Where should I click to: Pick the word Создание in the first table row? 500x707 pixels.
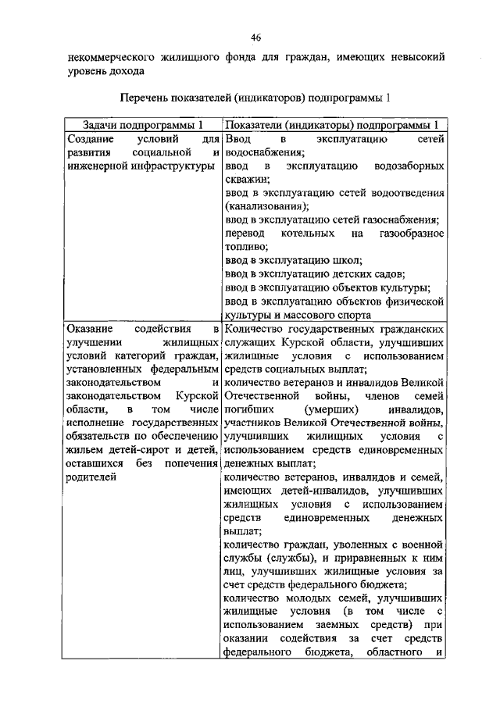[x=91, y=139]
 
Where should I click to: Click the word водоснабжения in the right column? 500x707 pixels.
[x=262, y=153]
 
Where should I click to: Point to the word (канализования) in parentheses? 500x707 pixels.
[x=266, y=207]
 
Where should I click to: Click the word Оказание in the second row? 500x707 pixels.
[x=90, y=329]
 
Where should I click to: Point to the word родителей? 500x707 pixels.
[x=91, y=478]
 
